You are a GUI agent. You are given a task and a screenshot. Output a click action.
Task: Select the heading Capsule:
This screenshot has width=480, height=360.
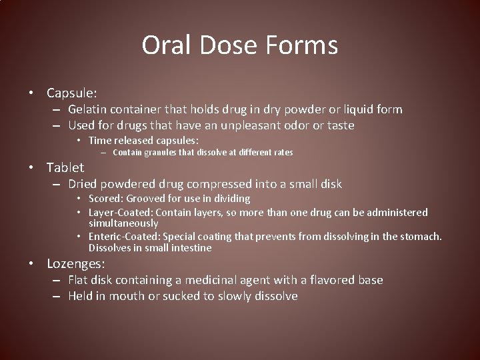[x=73, y=93]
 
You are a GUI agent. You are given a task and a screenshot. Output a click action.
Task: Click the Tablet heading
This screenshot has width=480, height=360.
[x=65, y=167]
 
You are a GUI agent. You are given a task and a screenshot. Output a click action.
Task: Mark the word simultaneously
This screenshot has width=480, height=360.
[x=123, y=223]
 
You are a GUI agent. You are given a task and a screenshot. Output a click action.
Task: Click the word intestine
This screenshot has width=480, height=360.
[x=189, y=248]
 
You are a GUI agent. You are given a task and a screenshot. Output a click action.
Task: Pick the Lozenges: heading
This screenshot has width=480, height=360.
[x=77, y=263]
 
